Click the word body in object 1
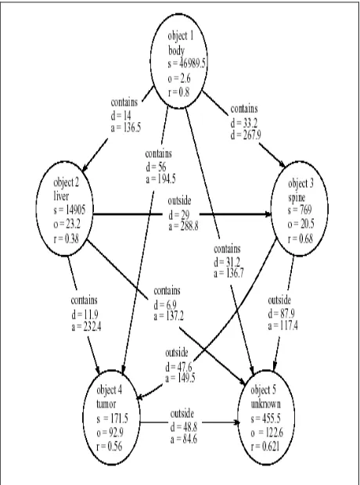point(176,50)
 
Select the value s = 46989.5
point(187,63)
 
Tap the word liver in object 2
point(61,196)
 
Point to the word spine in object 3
point(297,198)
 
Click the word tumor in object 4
point(106,404)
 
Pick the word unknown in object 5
point(265,404)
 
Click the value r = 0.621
point(265,447)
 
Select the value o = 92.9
point(110,433)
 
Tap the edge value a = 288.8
point(183,226)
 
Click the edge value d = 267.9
point(246,135)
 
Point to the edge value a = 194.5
point(160,179)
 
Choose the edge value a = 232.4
point(86,326)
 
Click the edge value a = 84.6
point(184,439)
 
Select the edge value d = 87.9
point(281,314)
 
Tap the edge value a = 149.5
point(180,378)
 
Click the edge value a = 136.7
point(229,274)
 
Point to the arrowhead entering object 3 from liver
point(268,214)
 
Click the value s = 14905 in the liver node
point(70,210)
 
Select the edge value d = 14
point(121,116)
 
